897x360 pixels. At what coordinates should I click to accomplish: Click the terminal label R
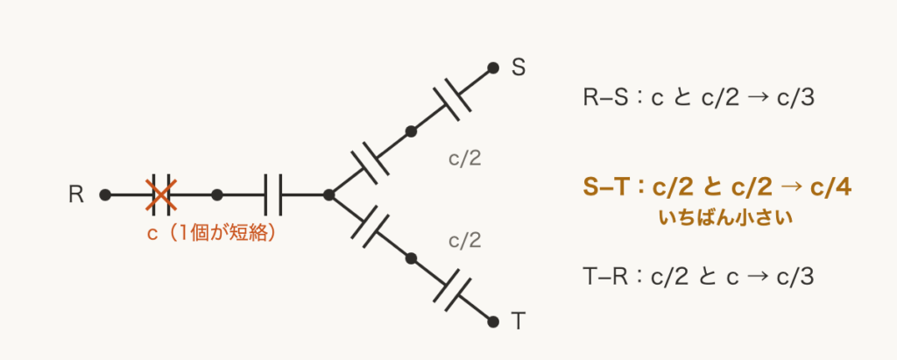pos(76,195)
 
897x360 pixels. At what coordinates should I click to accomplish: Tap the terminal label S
pos(519,68)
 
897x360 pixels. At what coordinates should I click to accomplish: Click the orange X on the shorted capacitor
pos(161,195)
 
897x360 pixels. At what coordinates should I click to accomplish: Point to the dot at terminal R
pos(105,195)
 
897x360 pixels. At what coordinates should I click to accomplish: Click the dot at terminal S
pos(493,68)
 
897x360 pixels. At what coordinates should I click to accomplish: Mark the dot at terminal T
pos(493,321)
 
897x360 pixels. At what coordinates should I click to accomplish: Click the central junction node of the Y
pos(329,195)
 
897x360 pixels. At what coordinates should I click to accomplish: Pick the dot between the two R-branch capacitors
pos(217,195)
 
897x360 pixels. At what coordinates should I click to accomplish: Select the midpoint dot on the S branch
pos(411,131)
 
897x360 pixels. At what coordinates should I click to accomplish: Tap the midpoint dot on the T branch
pos(411,258)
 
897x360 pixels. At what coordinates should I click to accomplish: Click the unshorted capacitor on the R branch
pos(273,195)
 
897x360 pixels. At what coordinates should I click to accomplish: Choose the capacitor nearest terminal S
pos(452,100)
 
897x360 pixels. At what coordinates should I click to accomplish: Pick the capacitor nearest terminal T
pos(452,290)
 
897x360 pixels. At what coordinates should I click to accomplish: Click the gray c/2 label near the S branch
pos(464,159)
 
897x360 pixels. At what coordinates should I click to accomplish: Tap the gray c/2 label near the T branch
pos(464,241)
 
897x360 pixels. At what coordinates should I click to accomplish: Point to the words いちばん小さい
pos(725,218)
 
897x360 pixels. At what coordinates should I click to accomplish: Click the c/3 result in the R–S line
pos(795,98)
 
